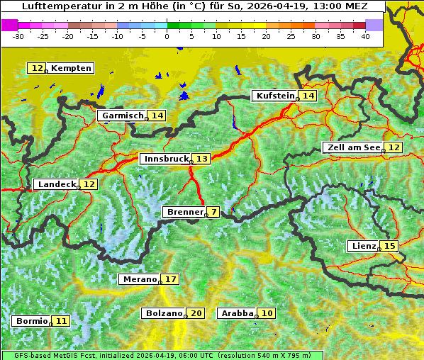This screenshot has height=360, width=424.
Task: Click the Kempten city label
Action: coord(71,68)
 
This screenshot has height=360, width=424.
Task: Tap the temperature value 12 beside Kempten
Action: coord(37,68)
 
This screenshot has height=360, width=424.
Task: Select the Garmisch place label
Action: coord(123,116)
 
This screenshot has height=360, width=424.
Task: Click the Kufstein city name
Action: coord(275,96)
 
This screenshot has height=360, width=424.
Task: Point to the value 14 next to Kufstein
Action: coord(308,96)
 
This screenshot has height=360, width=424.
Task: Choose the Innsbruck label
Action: coord(166,159)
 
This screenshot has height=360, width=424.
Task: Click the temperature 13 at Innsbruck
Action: coord(202,159)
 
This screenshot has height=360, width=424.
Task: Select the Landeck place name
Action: coord(56,184)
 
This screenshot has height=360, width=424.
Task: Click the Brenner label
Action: coord(184,212)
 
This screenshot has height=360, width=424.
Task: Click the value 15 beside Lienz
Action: coord(390,246)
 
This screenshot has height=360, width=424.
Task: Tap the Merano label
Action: coord(139,279)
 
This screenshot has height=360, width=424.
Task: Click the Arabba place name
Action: coord(238,313)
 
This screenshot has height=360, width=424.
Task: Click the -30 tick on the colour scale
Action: coord(18,36)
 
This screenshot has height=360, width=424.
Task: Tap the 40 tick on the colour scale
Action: coord(365,36)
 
